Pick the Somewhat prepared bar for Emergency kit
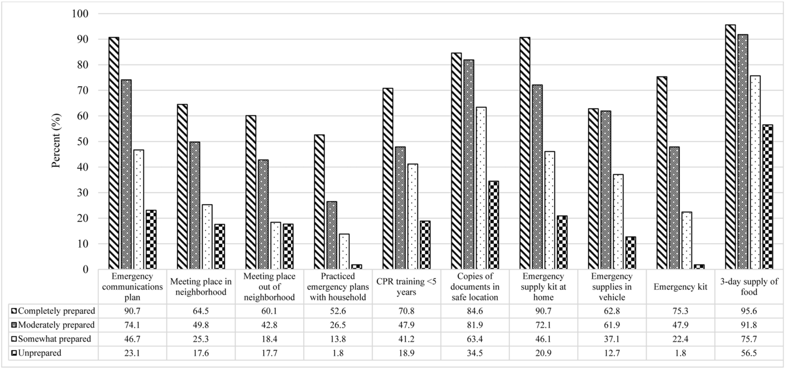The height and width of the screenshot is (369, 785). pyautogui.click(x=687, y=241)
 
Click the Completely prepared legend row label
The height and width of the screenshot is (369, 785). pyautogui.click(x=55, y=310)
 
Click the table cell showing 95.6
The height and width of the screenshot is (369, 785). pyautogui.click(x=749, y=310)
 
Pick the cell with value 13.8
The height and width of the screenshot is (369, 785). pyautogui.click(x=338, y=339)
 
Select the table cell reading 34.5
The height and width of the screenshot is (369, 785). pyautogui.click(x=475, y=353)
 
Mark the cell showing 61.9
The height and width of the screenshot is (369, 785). pyautogui.click(x=612, y=325)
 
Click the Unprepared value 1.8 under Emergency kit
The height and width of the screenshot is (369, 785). pyautogui.click(x=680, y=353)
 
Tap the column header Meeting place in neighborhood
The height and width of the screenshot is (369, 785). pyautogui.click(x=201, y=286)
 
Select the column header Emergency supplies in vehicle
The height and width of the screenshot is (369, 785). pyautogui.click(x=612, y=286)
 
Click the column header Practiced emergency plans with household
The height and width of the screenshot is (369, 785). pyautogui.click(x=338, y=286)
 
